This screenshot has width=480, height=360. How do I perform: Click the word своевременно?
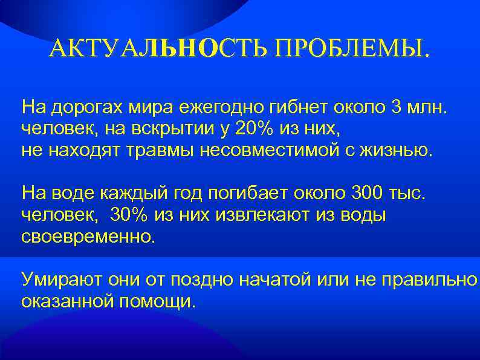tap(88, 235)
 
